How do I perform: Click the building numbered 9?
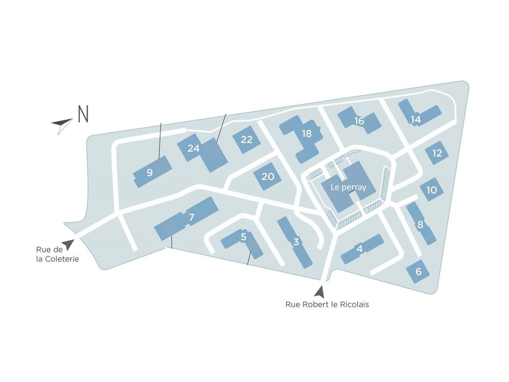click(x=150, y=173)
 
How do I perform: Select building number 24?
click(x=194, y=148)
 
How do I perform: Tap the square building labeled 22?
click(x=247, y=140)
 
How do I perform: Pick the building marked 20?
click(x=268, y=176)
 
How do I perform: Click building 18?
click(x=306, y=134)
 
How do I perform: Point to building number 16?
click(x=359, y=121)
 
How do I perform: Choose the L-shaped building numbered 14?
click(x=416, y=119)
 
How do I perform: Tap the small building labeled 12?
click(x=437, y=153)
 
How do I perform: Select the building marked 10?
click(x=431, y=190)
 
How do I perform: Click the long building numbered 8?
click(x=420, y=225)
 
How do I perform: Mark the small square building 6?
click(x=418, y=272)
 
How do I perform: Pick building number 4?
click(x=360, y=249)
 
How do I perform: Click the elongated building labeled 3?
click(x=295, y=242)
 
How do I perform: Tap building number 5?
click(x=243, y=237)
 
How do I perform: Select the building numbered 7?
click(x=192, y=217)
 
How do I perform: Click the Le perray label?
click(x=348, y=187)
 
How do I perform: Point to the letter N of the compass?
click(x=83, y=114)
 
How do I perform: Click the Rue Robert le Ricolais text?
click(x=327, y=304)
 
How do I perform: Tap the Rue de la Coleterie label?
click(x=57, y=254)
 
